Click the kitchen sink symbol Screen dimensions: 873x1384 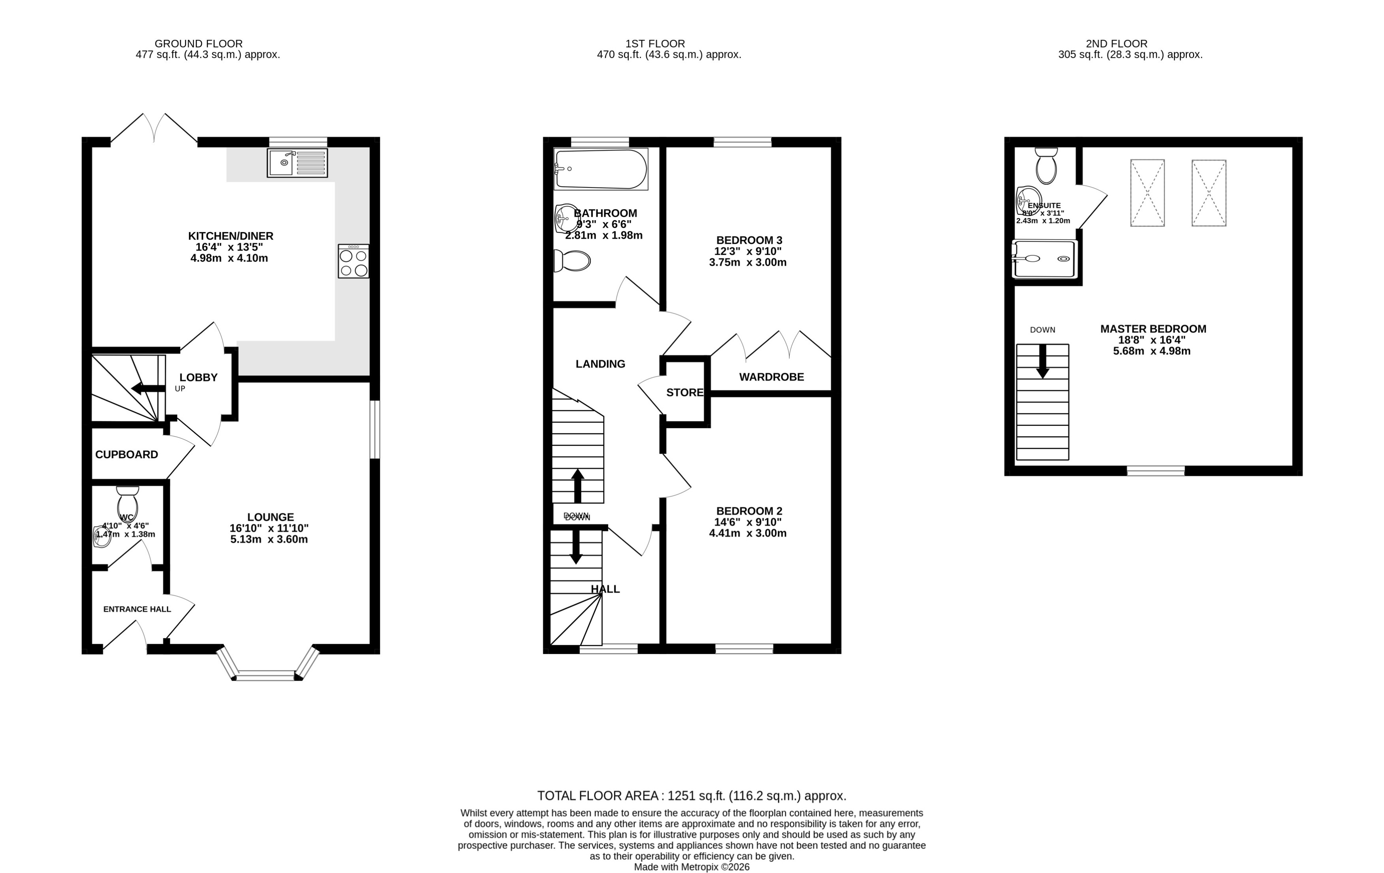[297, 163]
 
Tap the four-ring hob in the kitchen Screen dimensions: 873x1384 [354, 261]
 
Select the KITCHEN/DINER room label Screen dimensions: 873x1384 [231, 236]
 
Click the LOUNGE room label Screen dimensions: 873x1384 [270, 517]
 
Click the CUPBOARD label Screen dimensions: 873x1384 [127, 455]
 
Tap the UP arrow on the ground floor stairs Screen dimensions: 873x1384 [148, 389]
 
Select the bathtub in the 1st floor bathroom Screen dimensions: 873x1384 [601, 169]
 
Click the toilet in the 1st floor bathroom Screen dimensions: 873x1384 [572, 261]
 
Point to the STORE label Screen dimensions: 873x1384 [684, 393]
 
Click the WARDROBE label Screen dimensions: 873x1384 [771, 377]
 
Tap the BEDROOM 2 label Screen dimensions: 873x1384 [749, 511]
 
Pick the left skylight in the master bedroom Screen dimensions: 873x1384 [1147, 193]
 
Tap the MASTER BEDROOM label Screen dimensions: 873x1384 [1153, 329]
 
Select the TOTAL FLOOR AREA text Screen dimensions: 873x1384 [692, 796]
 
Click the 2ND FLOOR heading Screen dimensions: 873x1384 [1116, 43]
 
